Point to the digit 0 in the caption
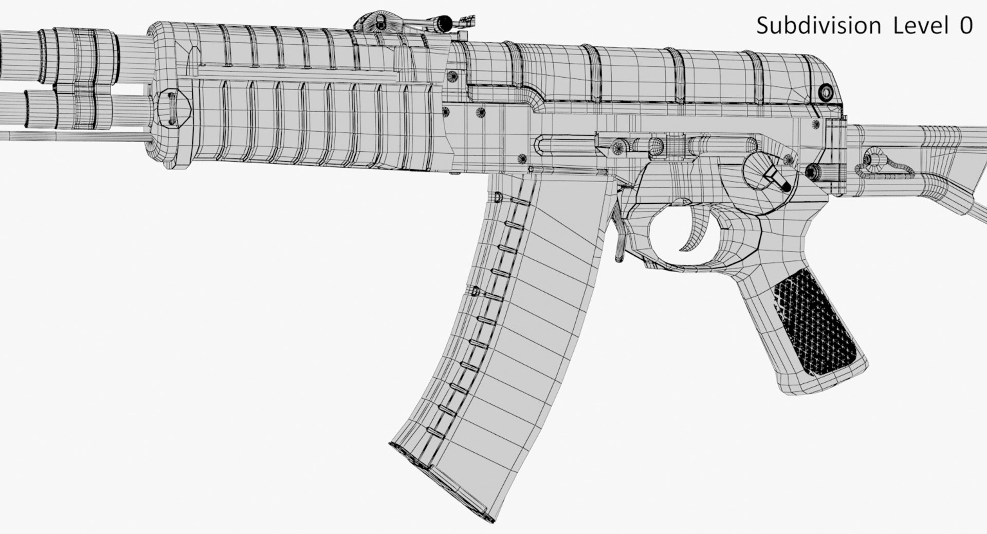coord(965,26)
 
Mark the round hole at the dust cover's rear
coord(826,92)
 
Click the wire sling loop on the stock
coord(889,170)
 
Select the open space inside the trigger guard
coord(668,232)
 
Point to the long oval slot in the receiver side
coord(565,145)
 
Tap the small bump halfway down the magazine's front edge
coord(475,291)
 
